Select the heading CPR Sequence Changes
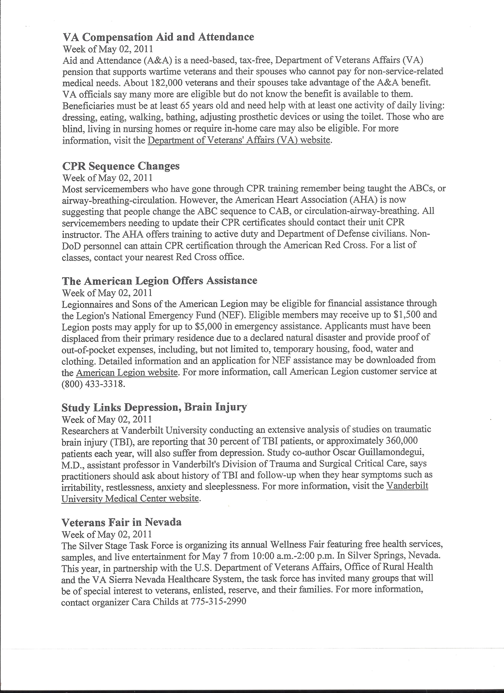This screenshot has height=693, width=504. pos(121,166)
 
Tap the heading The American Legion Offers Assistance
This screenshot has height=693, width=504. pos(159,281)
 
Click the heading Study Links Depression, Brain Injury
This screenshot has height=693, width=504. pos(154,407)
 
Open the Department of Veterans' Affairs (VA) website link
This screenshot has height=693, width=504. pos(239,140)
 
